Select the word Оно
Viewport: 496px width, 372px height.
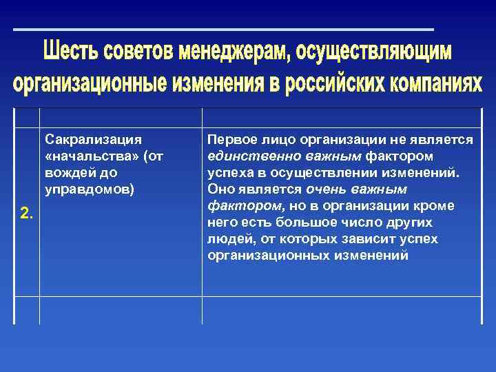pos(219,189)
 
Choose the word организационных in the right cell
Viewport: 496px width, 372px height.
pos(270,255)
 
